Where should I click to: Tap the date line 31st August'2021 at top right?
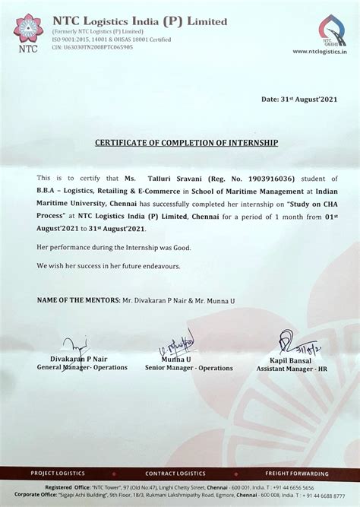click(300, 99)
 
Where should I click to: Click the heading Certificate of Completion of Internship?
click(187, 143)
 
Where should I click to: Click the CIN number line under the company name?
click(93, 46)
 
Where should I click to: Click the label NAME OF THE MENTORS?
click(77, 301)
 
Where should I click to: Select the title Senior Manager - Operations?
click(188, 368)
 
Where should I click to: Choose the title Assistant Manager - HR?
click(292, 369)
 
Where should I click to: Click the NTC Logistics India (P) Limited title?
click(139, 21)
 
